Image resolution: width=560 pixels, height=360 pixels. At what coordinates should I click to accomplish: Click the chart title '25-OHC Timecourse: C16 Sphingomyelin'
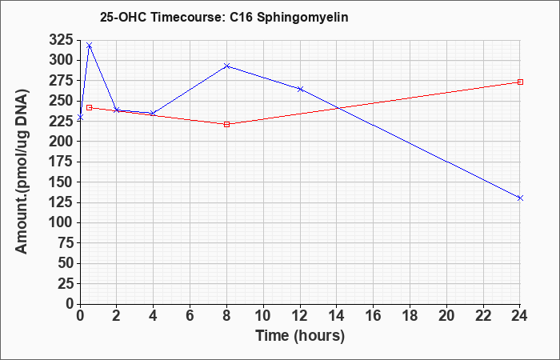[224, 17]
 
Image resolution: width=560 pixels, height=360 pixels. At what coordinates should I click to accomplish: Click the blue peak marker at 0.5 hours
[90, 46]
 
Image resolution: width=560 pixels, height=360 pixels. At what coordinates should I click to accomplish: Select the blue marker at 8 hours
[226, 66]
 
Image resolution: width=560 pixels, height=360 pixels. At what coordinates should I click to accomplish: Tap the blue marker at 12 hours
[300, 89]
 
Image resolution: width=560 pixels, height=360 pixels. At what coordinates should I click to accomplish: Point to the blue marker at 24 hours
[520, 198]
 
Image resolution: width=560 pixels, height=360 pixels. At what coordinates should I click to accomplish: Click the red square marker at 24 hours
[520, 82]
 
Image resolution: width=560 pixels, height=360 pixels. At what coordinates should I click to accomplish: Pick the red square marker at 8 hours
[226, 124]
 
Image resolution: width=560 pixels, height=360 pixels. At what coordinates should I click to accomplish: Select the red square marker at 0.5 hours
[90, 107]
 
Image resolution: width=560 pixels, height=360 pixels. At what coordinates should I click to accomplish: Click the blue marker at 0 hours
[80, 117]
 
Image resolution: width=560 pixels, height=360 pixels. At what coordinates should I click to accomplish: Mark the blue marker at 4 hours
[153, 114]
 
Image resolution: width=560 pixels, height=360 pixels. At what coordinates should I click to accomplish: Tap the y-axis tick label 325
[61, 40]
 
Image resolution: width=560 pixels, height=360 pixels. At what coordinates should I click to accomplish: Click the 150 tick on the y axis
[61, 182]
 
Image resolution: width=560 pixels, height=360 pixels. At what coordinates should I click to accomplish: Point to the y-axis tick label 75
[65, 243]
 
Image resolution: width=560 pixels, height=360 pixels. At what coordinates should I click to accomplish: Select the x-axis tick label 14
[337, 315]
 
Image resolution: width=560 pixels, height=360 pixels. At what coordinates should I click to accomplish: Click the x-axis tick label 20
[446, 315]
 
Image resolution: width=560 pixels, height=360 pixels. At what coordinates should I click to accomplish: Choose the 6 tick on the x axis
[190, 315]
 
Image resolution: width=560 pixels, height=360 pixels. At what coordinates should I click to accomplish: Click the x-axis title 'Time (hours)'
[300, 336]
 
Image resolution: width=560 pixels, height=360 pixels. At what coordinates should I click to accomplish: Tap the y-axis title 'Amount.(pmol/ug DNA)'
[22, 171]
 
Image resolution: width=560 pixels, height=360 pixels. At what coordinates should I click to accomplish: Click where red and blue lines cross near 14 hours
[337, 108]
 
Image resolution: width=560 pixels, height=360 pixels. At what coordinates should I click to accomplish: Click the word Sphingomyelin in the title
[302, 17]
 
